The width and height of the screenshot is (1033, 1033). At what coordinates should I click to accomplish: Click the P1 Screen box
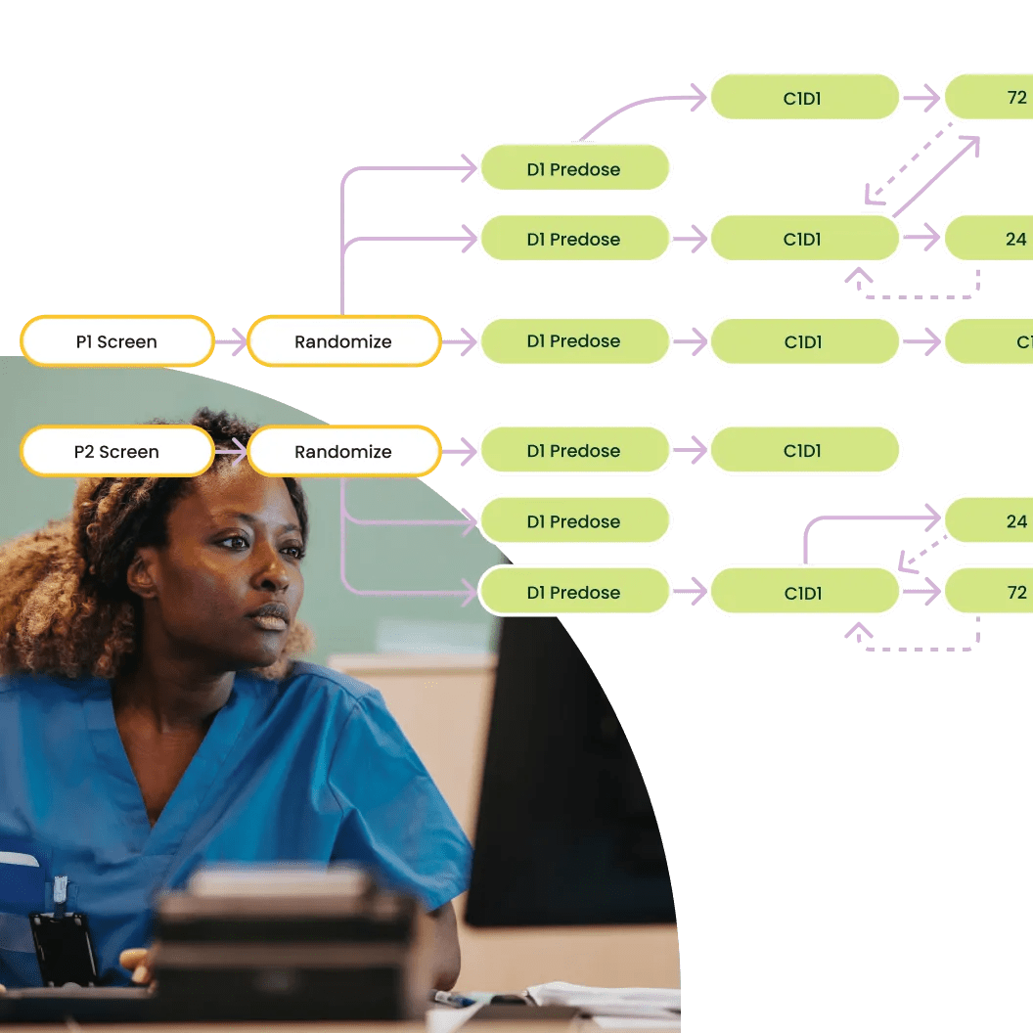pyautogui.click(x=116, y=341)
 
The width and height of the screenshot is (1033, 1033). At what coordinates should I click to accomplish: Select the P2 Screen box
pyautogui.click(x=116, y=451)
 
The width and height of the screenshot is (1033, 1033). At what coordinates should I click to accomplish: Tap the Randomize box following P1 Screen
pyautogui.click(x=343, y=341)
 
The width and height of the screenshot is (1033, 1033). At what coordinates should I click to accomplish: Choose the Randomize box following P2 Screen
pyautogui.click(x=343, y=451)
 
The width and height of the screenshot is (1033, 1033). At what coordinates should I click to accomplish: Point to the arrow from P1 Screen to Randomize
pyautogui.click(x=231, y=341)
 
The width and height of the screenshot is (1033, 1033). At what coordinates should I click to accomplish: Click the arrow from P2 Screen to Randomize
pyautogui.click(x=231, y=451)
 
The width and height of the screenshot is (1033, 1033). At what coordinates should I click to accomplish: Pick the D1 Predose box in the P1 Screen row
pyautogui.click(x=574, y=341)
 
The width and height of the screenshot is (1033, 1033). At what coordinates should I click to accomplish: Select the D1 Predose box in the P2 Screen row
pyautogui.click(x=574, y=451)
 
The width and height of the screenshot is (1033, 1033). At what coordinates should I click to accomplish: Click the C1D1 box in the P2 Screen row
pyautogui.click(x=803, y=451)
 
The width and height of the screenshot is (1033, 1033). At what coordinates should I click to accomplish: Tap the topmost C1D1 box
pyautogui.click(x=803, y=97)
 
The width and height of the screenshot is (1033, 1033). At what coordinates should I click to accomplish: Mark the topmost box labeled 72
pyautogui.click(x=988, y=97)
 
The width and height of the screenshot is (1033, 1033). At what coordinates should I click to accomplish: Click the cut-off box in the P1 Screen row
pyautogui.click(x=988, y=341)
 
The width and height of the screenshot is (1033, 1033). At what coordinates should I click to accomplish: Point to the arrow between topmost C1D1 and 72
pyautogui.click(x=921, y=97)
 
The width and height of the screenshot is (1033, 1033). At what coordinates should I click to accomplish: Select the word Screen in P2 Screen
pyautogui.click(x=129, y=452)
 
